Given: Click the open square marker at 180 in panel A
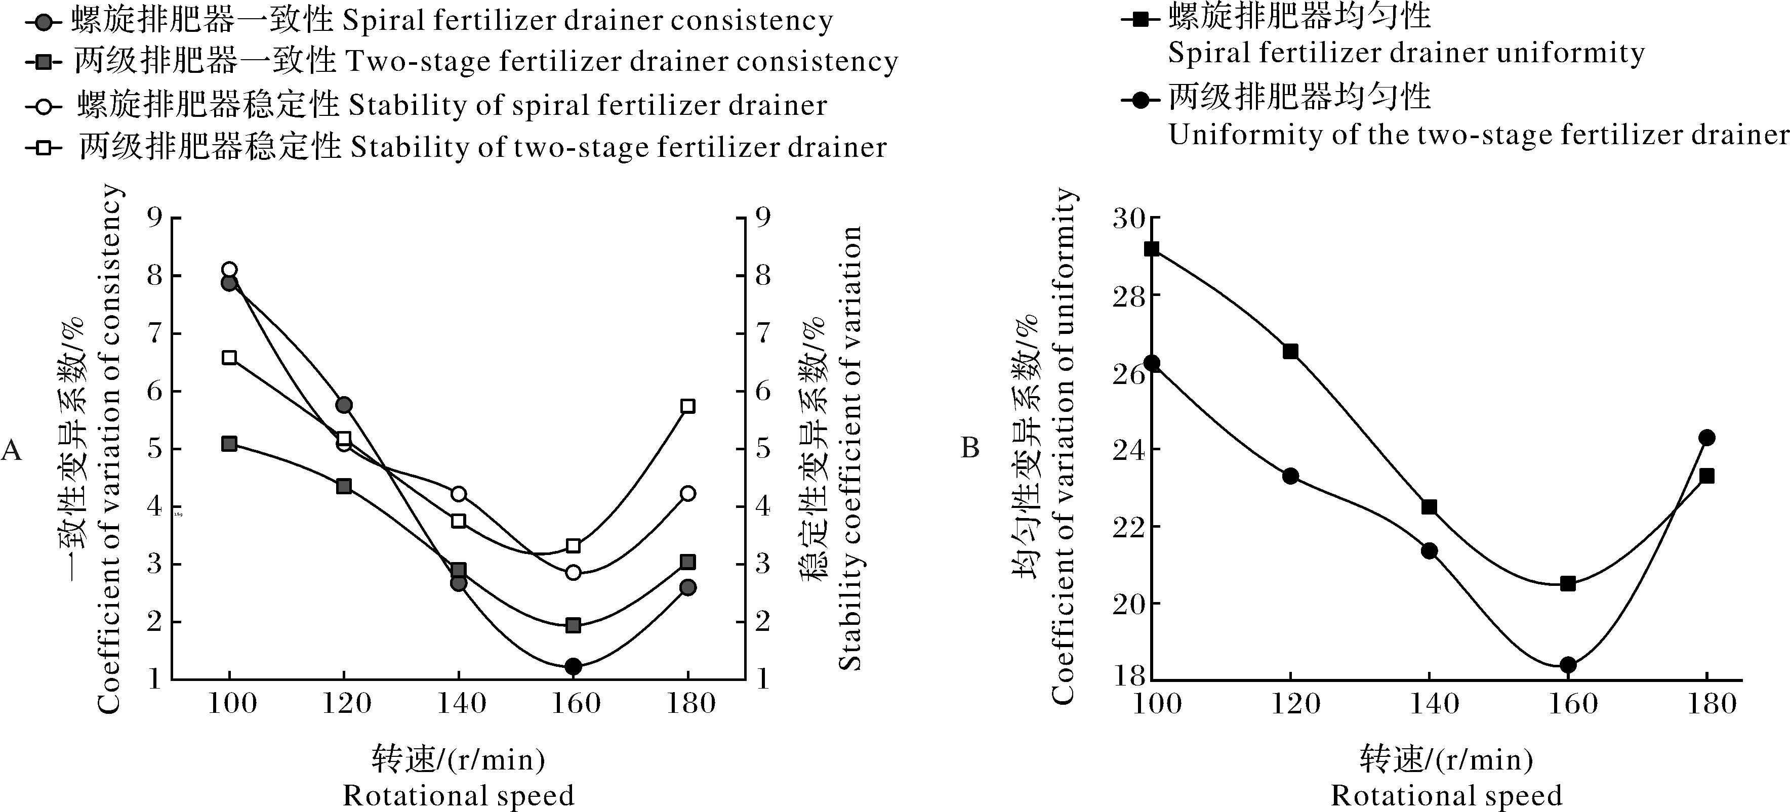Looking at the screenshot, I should coord(688,406).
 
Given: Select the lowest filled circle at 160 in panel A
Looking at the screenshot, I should coord(573,667).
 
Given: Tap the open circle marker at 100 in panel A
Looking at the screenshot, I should coord(229,270).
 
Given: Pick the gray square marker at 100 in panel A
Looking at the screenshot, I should coord(229,444).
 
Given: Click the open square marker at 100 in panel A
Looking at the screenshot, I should coord(229,358).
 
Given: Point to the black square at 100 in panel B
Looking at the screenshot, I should coord(1152,249).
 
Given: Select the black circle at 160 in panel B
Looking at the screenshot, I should coord(1568,665).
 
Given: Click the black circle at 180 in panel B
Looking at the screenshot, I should coord(1706,438).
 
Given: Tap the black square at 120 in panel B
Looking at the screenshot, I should coord(1290,352).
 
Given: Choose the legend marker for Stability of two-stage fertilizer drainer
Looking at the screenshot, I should coord(43,147).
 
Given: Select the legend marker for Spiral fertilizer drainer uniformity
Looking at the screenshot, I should coord(1141,18).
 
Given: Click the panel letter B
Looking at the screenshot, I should coord(970,449).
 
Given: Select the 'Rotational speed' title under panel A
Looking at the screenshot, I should coord(459,795).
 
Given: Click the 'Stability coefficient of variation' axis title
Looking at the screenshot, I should coord(850,448).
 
